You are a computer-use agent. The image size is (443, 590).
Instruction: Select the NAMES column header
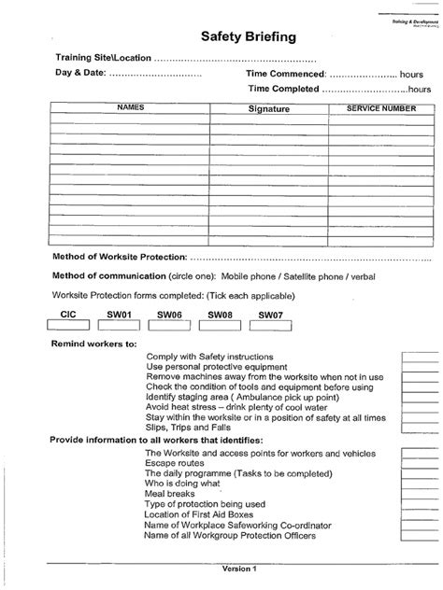pyautogui.click(x=130, y=109)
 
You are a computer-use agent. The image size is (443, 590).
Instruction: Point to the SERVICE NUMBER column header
pyautogui.click(x=380, y=109)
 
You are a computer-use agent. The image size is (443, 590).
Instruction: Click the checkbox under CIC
pyautogui.click(x=67, y=326)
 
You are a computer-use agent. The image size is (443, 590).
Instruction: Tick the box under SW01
pyautogui.click(x=118, y=326)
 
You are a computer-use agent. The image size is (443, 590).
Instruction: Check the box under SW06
pyautogui.click(x=169, y=326)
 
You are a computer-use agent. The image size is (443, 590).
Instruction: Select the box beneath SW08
pyautogui.click(x=220, y=326)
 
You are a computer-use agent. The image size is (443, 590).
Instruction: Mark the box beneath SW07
pyautogui.click(x=271, y=326)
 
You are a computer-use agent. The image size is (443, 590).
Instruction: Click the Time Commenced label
pyautogui.click(x=285, y=73)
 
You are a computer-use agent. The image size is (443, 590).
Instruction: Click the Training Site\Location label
pyautogui.click(x=105, y=57)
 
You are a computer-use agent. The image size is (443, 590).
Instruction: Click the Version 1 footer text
pyautogui.click(x=239, y=569)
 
